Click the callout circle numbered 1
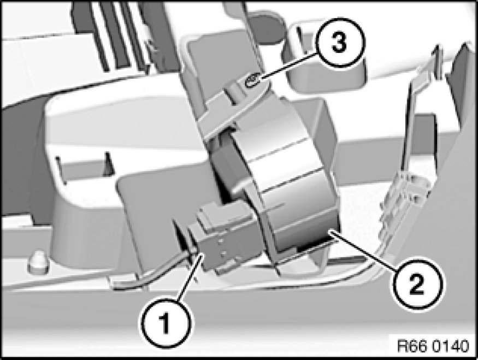pyautogui.click(x=166, y=324)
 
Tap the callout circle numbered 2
pyautogui.click(x=416, y=285)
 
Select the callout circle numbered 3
pyautogui.click(x=339, y=43)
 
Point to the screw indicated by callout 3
pyautogui.click(x=252, y=81)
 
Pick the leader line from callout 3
pyautogui.click(x=289, y=67)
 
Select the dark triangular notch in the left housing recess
pyautogui.click(x=107, y=164)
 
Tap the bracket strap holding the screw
pyautogui.click(x=235, y=107)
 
